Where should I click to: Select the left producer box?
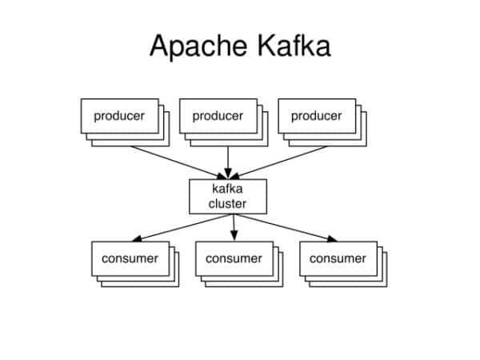[119, 116]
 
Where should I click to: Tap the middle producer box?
[218, 116]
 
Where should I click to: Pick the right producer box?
[316, 116]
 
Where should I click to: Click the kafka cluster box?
[228, 196]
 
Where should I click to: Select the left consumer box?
[130, 258]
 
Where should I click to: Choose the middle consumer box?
[234, 258]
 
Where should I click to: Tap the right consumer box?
[338, 258]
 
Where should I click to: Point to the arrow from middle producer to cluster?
[228, 156]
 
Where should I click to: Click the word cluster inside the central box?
[228, 204]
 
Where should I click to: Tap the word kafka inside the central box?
[228, 189]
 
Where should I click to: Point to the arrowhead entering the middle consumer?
[234, 235]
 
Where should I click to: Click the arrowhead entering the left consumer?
[138, 238]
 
